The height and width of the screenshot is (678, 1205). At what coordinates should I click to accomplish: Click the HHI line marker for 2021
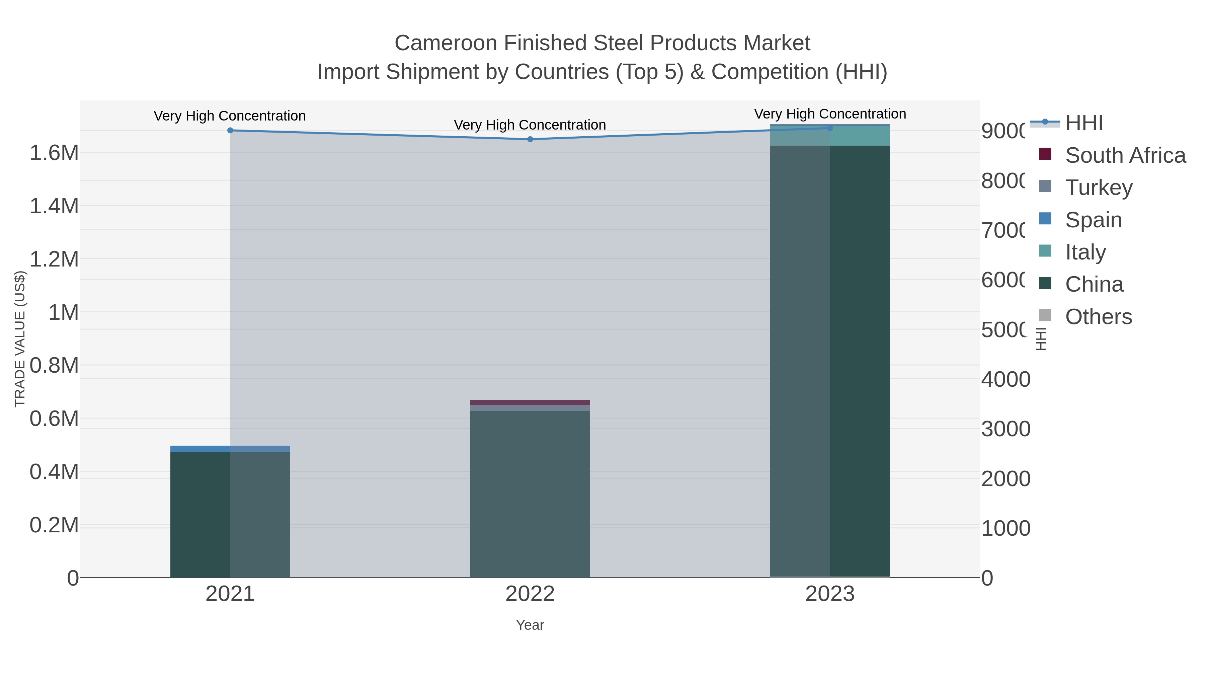tap(230, 131)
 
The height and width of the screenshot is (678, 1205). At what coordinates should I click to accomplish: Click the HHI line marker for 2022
tap(530, 139)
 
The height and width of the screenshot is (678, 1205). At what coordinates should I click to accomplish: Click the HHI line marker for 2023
tap(830, 128)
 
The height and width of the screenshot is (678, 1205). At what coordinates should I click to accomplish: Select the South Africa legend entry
tap(1125, 155)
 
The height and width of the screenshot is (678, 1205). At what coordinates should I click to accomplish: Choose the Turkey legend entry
tap(1098, 187)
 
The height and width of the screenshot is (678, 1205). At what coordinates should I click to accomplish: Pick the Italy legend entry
tap(1085, 252)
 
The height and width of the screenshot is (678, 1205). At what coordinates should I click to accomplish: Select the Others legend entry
tap(1098, 317)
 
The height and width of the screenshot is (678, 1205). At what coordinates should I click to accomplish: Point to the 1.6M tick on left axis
tap(54, 153)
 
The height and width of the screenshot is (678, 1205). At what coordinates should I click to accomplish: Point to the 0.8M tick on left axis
tap(54, 365)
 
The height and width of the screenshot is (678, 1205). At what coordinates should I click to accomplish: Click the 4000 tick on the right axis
tap(1005, 379)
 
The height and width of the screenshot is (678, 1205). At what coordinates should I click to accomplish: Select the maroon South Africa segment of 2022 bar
tap(530, 402)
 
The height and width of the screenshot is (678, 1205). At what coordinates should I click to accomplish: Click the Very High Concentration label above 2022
tap(530, 125)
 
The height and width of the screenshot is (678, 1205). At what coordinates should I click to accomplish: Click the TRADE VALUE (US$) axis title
tap(20, 339)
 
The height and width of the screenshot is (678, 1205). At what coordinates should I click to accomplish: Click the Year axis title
tap(530, 625)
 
